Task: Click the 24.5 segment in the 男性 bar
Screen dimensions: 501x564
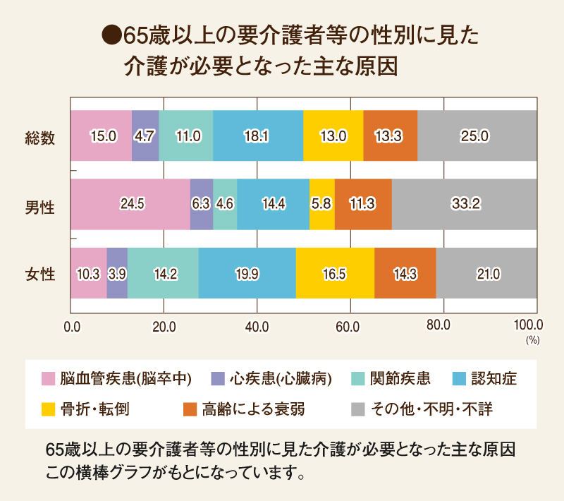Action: pos(130,205)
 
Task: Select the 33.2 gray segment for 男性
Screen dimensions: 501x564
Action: pos(465,205)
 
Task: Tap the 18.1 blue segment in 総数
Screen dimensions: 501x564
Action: pos(258,136)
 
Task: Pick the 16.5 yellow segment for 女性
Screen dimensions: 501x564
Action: pos(335,273)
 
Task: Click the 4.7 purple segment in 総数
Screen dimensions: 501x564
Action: pos(145,136)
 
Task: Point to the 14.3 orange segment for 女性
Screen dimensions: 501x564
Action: pos(405,273)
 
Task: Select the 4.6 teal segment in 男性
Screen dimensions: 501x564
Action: pos(225,205)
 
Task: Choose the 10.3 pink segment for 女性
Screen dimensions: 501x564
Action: pos(89,273)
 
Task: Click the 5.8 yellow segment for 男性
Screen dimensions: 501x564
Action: pos(322,205)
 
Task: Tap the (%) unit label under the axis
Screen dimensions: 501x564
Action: pos(531,339)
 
